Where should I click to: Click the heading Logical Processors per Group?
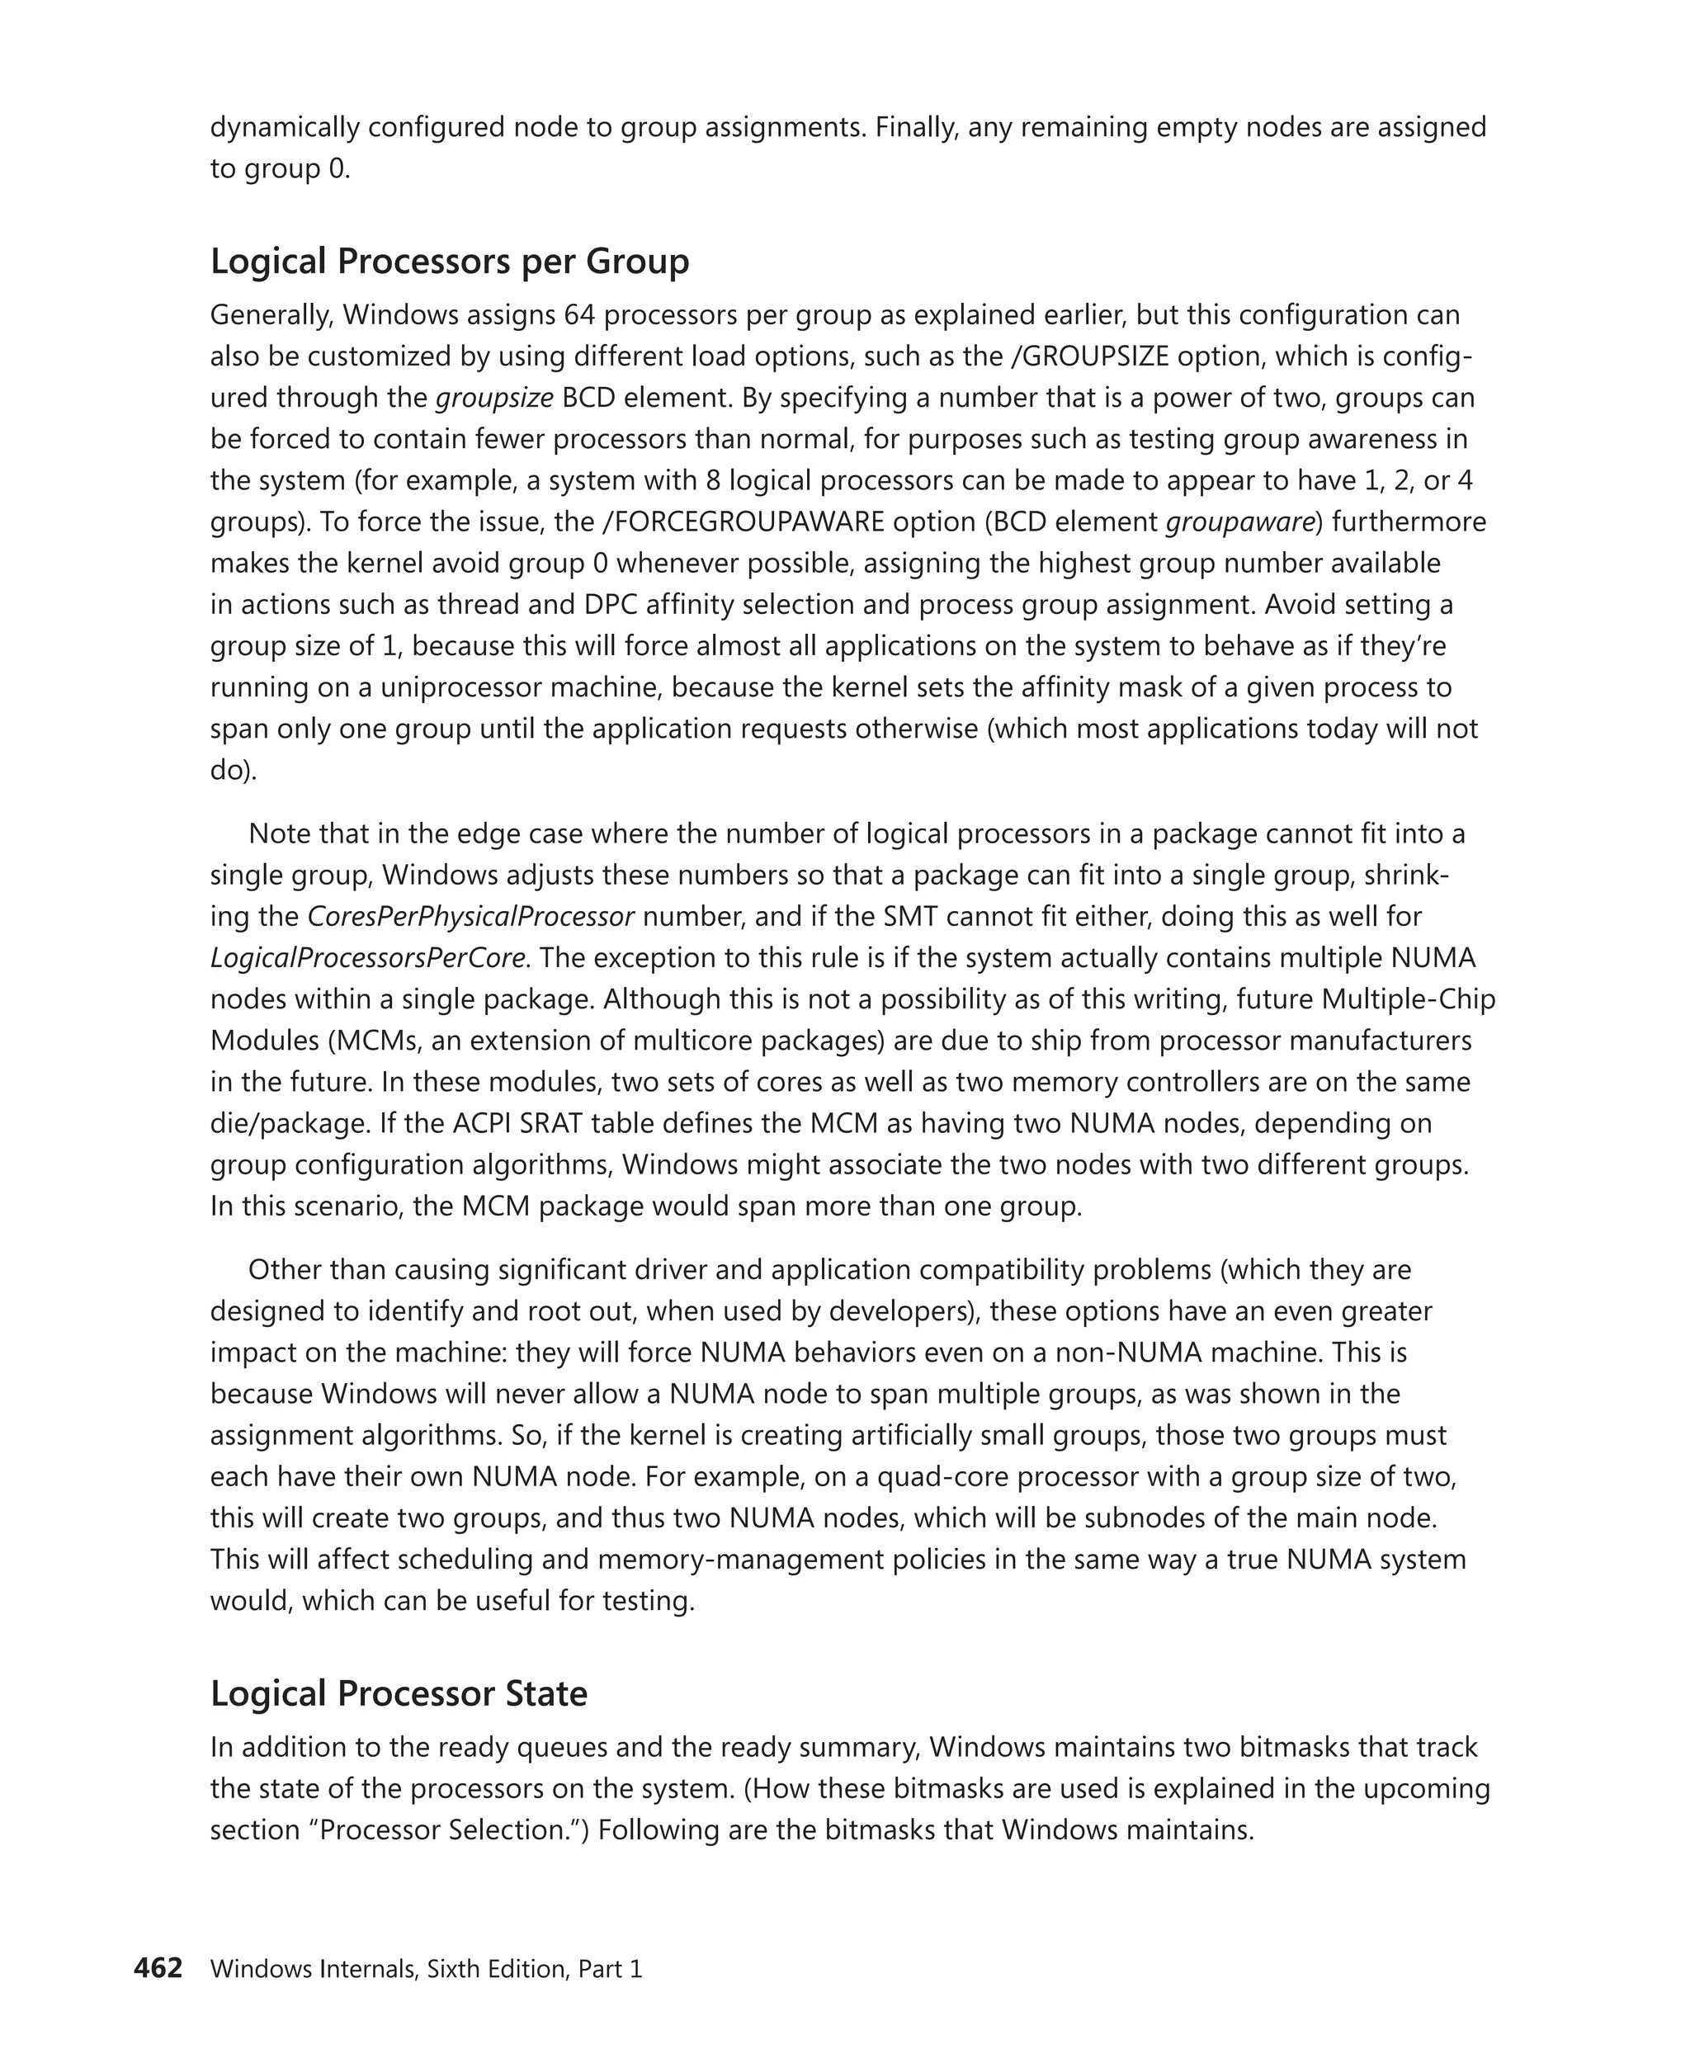449,262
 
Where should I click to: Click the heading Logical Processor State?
399,1693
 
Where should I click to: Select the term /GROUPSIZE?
1090,356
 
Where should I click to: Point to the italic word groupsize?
493,399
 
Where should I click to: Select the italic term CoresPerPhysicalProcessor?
470,916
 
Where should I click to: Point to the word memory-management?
710,1559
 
